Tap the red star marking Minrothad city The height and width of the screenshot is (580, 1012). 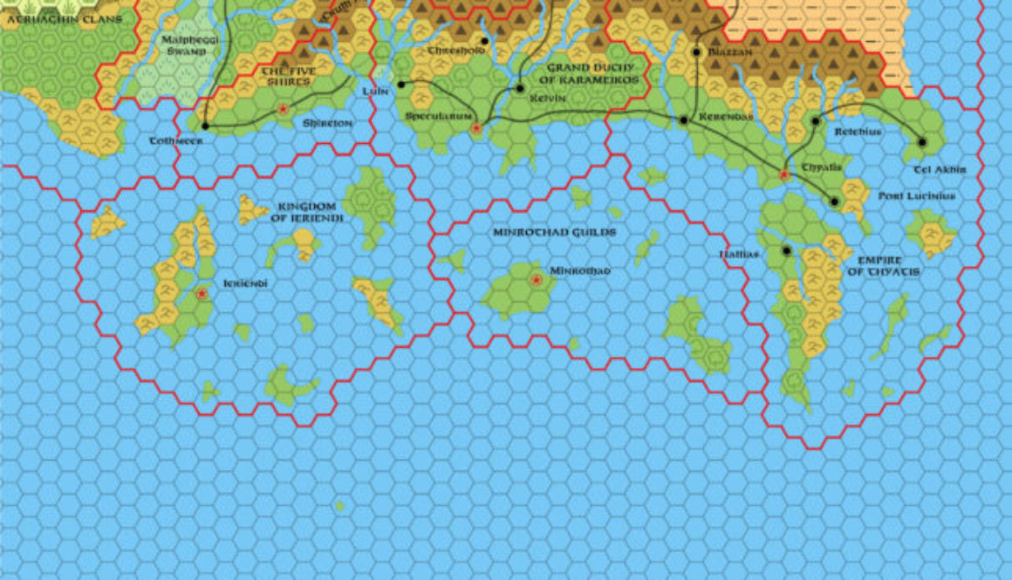click(x=536, y=280)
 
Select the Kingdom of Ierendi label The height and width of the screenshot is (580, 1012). click(x=309, y=213)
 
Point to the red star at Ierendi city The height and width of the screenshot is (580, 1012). click(x=202, y=295)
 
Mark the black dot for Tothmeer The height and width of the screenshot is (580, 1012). click(x=205, y=126)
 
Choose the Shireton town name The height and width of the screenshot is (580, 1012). click(x=327, y=124)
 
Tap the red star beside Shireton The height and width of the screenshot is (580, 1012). click(x=283, y=109)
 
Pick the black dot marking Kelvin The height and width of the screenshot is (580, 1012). click(x=520, y=88)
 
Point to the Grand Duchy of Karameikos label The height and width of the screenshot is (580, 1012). click(x=592, y=73)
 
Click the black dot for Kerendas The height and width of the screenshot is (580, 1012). click(x=683, y=119)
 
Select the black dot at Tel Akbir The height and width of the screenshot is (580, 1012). click(x=921, y=142)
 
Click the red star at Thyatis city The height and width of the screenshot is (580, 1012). click(x=783, y=175)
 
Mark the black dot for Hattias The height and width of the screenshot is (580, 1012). click(x=787, y=251)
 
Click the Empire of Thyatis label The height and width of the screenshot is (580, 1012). click(x=888, y=266)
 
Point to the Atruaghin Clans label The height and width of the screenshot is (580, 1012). click(x=60, y=18)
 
